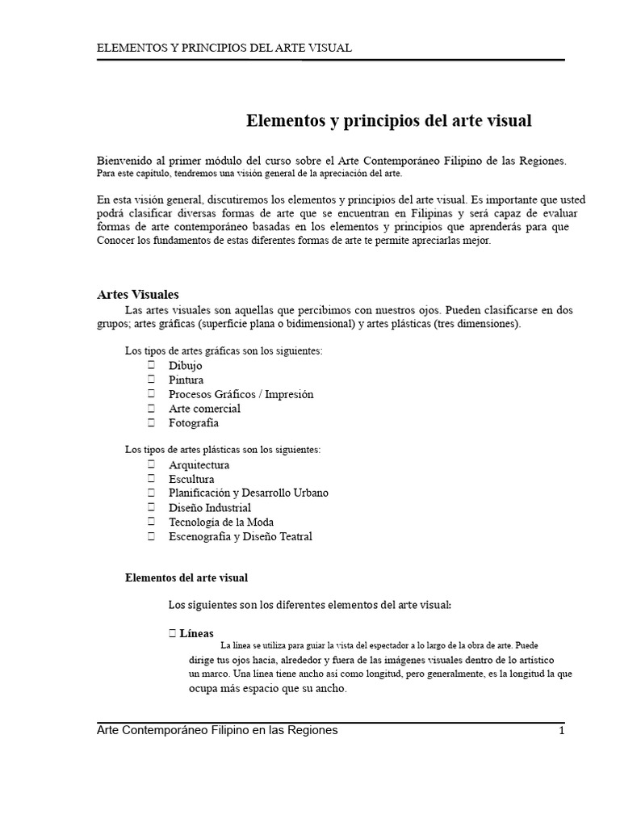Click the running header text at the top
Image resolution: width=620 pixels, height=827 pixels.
(x=224, y=48)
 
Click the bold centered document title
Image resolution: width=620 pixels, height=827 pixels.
(x=388, y=121)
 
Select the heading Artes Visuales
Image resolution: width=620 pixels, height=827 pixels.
(x=137, y=295)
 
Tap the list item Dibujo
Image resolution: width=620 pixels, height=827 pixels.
(x=186, y=366)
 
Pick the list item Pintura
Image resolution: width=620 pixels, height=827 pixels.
(x=186, y=380)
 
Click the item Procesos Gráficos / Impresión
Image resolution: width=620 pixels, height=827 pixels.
(x=241, y=394)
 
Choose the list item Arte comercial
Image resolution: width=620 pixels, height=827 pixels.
(x=204, y=409)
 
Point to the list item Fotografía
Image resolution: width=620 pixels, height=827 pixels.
(x=193, y=422)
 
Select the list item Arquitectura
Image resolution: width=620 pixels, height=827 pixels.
(x=199, y=465)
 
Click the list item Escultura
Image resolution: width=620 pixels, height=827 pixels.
(x=191, y=479)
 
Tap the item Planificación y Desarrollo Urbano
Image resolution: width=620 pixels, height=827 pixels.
(x=248, y=493)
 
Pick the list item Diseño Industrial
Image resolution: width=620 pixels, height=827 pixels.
(x=209, y=507)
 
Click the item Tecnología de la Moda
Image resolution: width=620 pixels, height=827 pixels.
(x=220, y=522)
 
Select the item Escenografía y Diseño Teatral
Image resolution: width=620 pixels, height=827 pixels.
(x=240, y=536)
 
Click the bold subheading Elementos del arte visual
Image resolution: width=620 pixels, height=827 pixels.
(x=186, y=578)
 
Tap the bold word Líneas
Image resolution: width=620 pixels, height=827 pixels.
(x=196, y=634)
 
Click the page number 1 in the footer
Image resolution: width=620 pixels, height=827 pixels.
(x=561, y=730)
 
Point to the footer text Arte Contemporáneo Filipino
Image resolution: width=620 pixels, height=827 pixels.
(x=216, y=730)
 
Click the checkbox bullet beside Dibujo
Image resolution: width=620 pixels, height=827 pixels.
(x=151, y=366)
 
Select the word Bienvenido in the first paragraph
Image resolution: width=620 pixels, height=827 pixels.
(x=124, y=161)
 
